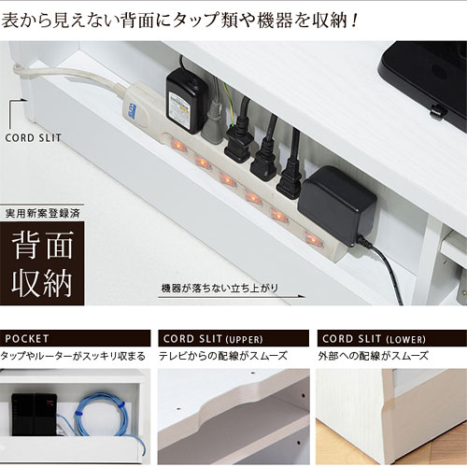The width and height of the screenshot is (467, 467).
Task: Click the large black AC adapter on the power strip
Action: [337, 205]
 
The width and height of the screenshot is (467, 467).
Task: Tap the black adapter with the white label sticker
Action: [186, 101]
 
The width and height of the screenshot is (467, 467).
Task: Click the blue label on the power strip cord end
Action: [132, 111]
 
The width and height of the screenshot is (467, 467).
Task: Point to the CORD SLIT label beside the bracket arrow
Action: [33, 138]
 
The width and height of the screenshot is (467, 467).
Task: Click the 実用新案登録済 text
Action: [43, 213]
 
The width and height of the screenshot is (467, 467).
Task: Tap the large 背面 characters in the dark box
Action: [42, 245]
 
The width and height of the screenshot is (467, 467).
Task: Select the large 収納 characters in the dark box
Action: [42, 283]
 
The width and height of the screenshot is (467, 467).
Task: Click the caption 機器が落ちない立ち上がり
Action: [219, 288]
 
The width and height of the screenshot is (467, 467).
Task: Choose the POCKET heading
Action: [27, 338]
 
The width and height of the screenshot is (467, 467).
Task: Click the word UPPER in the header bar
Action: [245, 339]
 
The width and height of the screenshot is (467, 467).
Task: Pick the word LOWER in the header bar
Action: [405, 339]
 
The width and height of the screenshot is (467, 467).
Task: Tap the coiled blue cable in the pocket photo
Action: [103, 416]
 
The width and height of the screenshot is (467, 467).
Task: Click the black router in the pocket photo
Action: [35, 414]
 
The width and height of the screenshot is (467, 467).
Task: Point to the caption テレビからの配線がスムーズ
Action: [223, 356]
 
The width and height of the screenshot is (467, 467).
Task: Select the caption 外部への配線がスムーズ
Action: [373, 356]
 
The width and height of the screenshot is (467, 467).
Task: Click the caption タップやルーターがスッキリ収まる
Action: [73, 356]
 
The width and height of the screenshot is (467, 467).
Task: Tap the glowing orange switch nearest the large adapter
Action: [313, 240]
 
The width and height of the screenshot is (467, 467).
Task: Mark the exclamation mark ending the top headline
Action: [353, 21]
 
